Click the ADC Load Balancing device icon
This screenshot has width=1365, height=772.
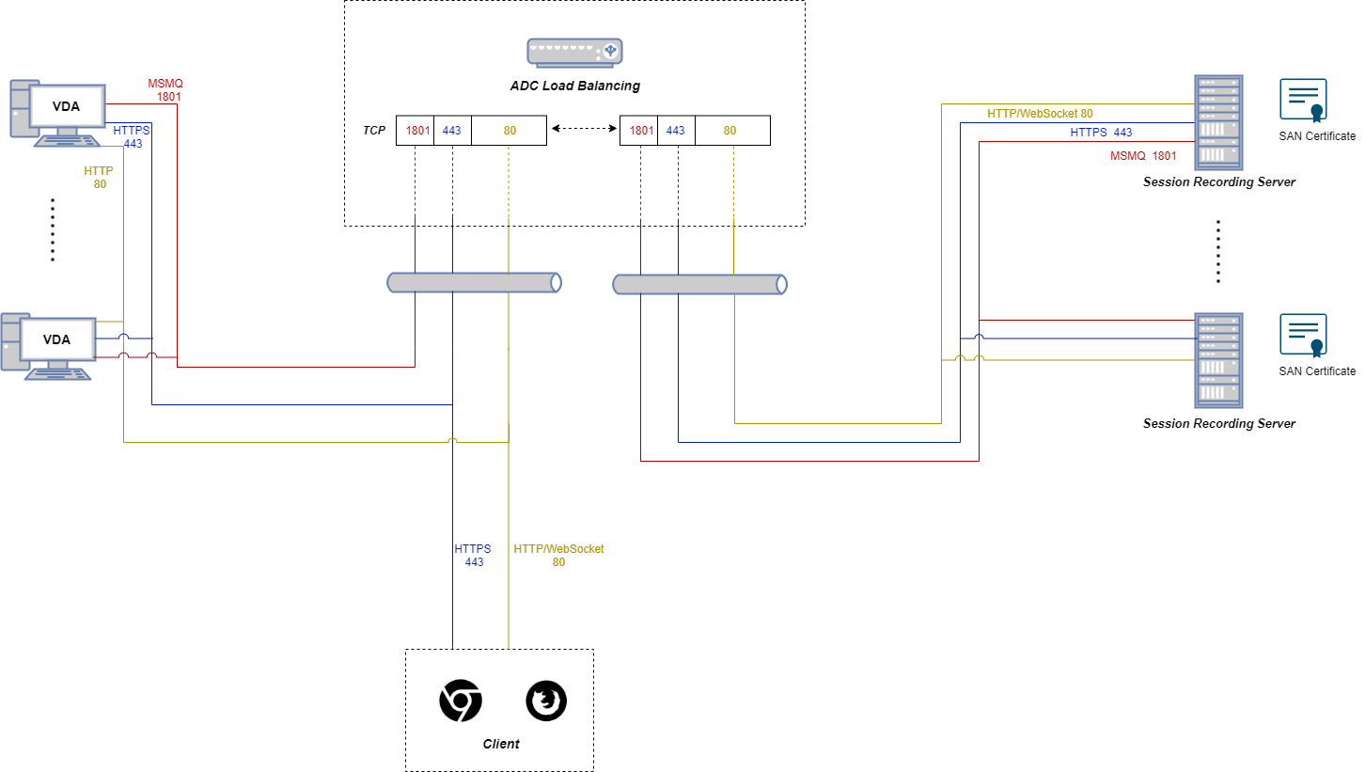[574, 53]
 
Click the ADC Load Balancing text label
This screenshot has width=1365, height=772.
[574, 86]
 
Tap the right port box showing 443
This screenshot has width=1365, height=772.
[676, 131]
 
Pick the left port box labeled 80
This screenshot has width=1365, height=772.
[509, 131]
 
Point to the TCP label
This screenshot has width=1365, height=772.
[374, 131]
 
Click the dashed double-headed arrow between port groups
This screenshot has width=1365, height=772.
[583, 126]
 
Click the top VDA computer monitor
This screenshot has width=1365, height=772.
[65, 107]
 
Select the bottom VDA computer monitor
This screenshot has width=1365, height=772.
[58, 339]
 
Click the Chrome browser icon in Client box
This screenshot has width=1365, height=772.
[461, 702]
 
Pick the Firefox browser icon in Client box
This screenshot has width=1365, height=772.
[546, 702]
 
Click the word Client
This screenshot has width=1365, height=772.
[500, 744]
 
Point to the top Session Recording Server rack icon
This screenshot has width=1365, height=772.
[1218, 122]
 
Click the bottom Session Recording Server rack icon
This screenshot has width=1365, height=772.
[1218, 360]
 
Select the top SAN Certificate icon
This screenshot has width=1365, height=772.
[1303, 102]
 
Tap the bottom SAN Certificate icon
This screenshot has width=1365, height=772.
[1303, 336]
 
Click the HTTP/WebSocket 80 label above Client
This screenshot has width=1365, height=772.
[558, 555]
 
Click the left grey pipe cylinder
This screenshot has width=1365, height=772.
[475, 282]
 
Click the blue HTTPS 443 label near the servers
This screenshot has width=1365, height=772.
[1101, 133]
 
